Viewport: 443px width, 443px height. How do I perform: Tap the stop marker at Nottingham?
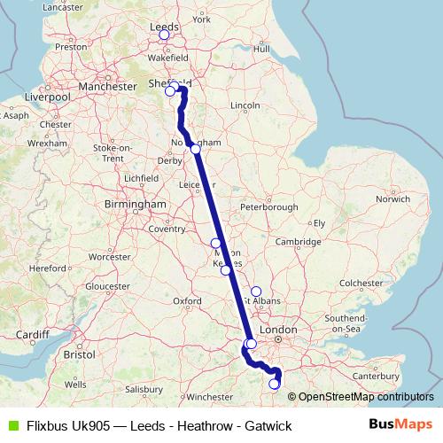click(x=195, y=149)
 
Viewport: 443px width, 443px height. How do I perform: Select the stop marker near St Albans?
click(x=256, y=291)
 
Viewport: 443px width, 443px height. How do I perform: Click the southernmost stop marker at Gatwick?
click(x=274, y=384)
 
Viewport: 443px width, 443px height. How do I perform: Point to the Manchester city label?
click(x=105, y=87)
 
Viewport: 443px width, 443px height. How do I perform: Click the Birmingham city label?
click(x=136, y=205)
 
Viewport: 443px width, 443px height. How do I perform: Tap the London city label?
click(x=284, y=330)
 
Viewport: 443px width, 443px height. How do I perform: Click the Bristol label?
click(x=79, y=354)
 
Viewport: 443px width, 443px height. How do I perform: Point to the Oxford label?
click(x=186, y=301)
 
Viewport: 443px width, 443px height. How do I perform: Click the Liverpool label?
click(x=47, y=96)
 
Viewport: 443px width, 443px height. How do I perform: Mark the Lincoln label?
click(x=244, y=106)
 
